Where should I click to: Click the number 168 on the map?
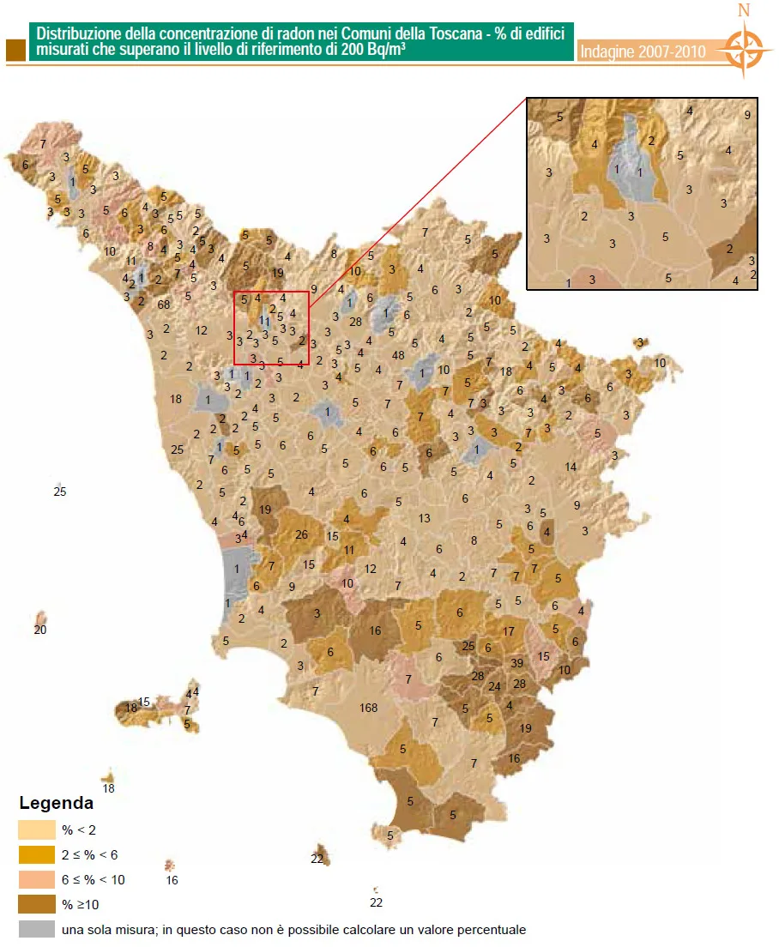[369, 708]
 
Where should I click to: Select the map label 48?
[397, 355]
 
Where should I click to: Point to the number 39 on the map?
[516, 663]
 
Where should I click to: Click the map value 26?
[301, 534]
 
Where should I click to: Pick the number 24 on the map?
[494, 686]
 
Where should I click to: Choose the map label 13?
[424, 518]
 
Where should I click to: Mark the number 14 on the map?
[571, 467]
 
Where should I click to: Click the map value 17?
[509, 631]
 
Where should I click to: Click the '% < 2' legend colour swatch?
[34, 829]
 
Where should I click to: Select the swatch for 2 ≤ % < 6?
[34, 854]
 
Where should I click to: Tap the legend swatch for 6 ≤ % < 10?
[34, 879]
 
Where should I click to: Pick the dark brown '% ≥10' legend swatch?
[34, 904]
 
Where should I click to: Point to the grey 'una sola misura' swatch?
[34, 929]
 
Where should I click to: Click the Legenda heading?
[56, 805]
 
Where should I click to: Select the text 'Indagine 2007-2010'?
[643, 51]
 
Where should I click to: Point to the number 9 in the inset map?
[747, 115]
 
